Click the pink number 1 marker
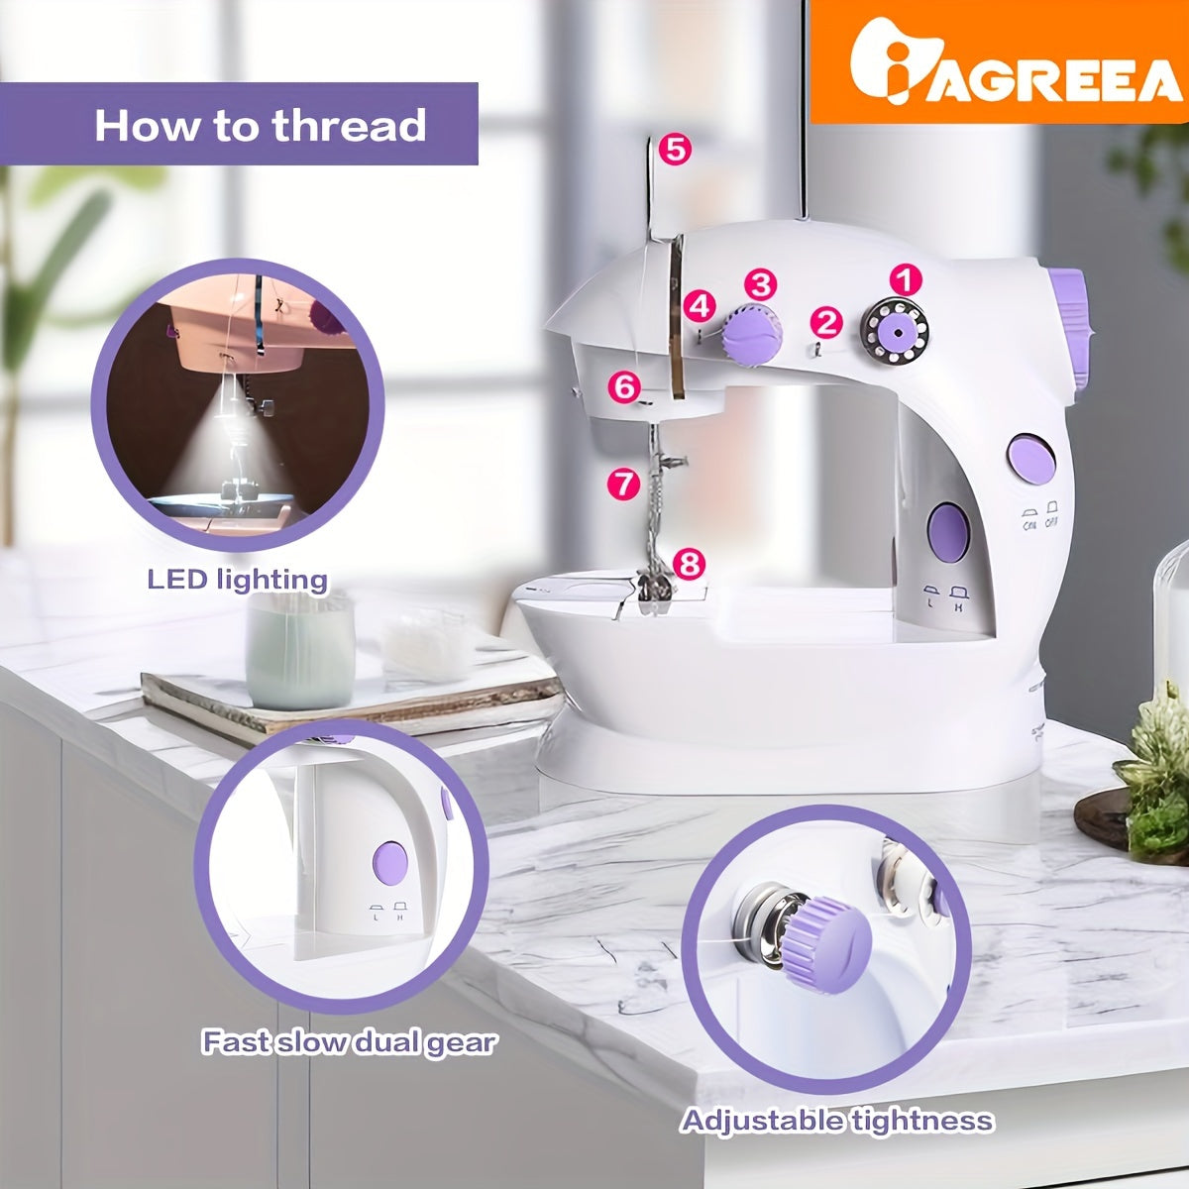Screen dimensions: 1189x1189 tap(906, 280)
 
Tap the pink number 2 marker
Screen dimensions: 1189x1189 tap(826, 322)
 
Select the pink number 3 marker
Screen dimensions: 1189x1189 tap(760, 285)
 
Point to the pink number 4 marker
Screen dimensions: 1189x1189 tap(701, 306)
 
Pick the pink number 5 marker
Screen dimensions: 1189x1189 tap(675, 150)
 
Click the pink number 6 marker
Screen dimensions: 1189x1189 tap(624, 387)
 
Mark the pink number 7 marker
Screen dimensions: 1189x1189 tap(624, 484)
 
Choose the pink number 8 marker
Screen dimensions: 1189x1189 tap(689, 563)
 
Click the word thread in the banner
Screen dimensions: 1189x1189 tap(349, 125)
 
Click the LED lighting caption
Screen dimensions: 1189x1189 tap(237, 580)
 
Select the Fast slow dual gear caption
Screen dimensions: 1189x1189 tap(349, 1041)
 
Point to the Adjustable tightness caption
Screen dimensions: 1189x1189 tap(836, 1120)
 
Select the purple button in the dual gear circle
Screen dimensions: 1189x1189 tap(390, 862)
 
